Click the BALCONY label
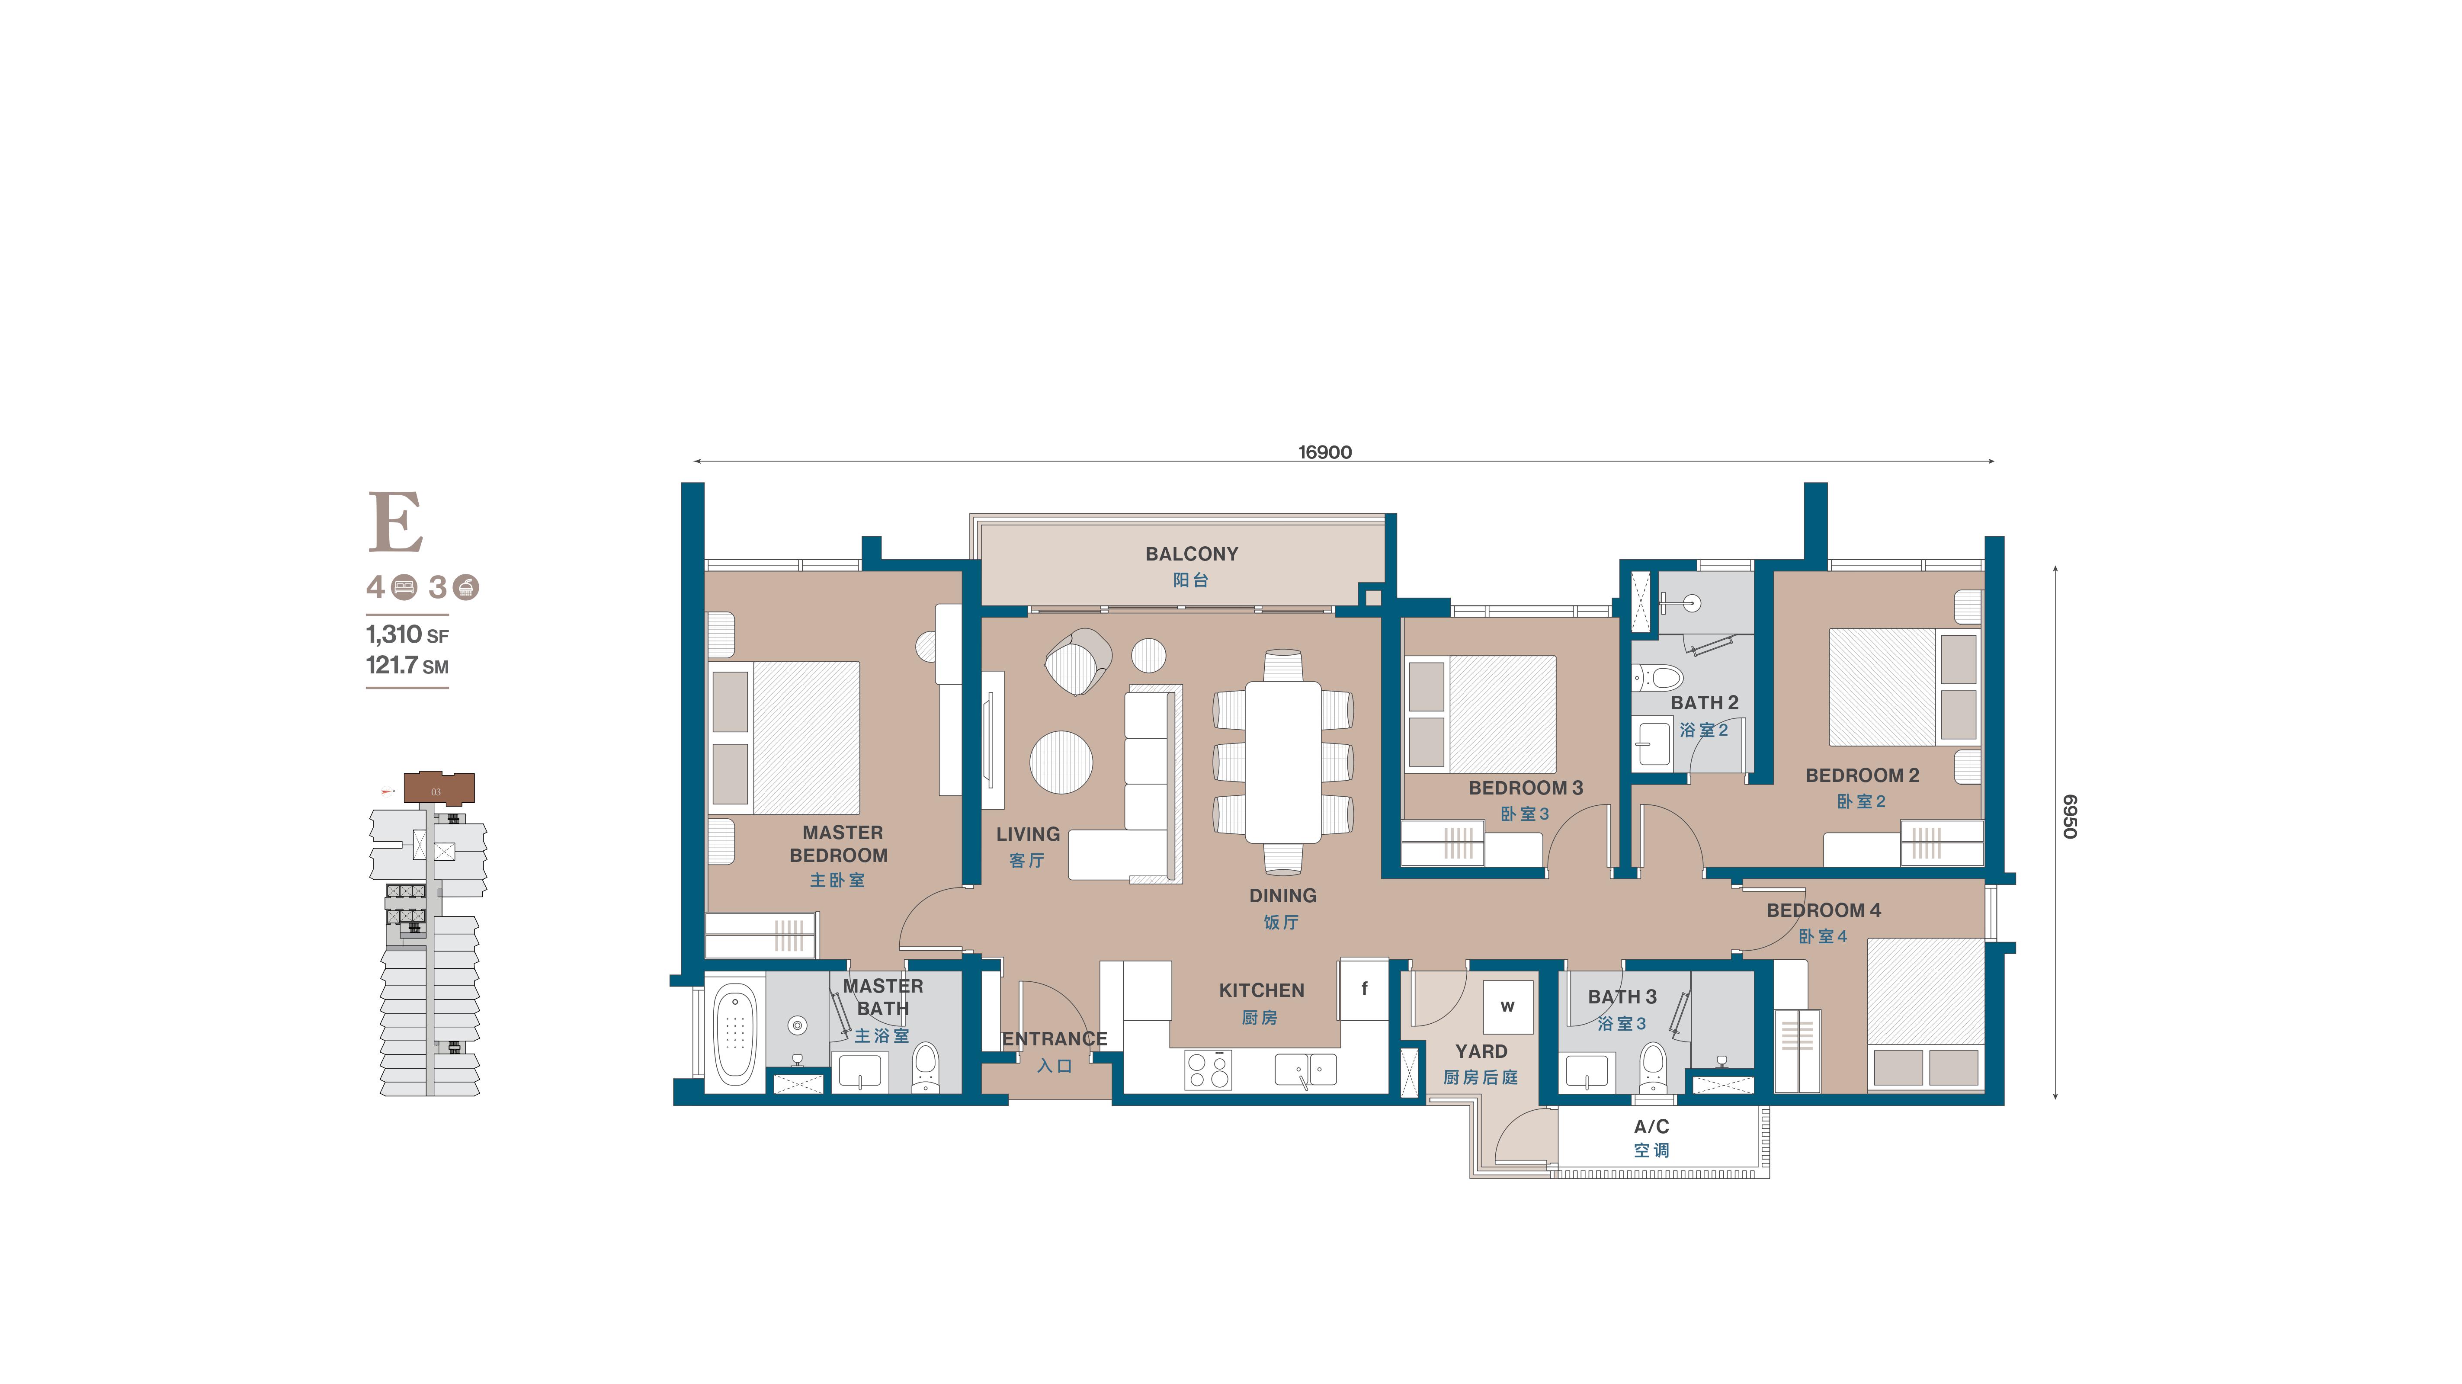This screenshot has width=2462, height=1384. click(1192, 554)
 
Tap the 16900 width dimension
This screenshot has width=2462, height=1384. click(1325, 452)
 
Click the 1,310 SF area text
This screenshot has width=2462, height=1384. click(407, 634)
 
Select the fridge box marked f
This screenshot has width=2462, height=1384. click(1364, 988)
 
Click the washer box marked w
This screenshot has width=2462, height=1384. click(1507, 1006)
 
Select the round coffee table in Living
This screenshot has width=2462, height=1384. click(1061, 762)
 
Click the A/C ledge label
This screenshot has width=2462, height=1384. click(1651, 1127)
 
